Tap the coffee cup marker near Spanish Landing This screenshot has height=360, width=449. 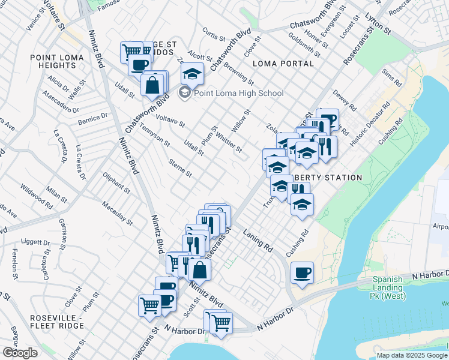(x=301, y=273)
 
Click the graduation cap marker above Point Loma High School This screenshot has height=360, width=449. (x=193, y=74)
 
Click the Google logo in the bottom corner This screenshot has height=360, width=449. (x=20, y=352)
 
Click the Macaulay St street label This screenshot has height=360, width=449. (x=116, y=213)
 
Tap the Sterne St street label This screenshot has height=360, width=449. (x=180, y=169)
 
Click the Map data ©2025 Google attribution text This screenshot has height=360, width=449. (x=411, y=355)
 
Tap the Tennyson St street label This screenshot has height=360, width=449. (x=155, y=139)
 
